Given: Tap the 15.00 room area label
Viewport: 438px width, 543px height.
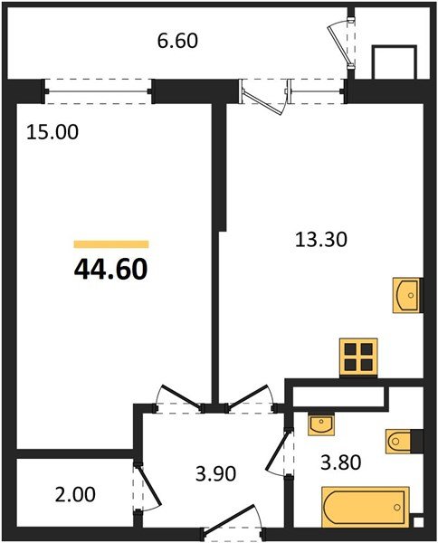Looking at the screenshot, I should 52,132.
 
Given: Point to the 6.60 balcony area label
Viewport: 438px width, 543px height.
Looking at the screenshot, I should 176,41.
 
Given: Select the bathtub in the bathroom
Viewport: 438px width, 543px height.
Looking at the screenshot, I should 366,505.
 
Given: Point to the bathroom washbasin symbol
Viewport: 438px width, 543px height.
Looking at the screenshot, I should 321,423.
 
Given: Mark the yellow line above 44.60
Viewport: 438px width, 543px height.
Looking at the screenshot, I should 110,244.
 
